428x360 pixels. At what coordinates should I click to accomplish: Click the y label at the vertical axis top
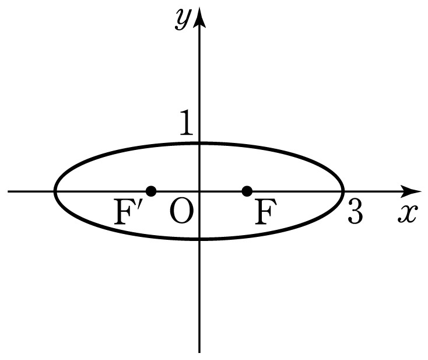click(182, 19)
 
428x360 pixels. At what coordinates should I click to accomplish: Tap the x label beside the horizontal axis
click(408, 214)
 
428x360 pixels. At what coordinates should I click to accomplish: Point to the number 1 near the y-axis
click(187, 123)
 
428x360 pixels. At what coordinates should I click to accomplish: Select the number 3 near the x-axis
click(355, 211)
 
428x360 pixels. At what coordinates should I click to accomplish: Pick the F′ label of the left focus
click(128, 211)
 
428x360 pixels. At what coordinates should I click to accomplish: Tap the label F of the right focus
click(265, 211)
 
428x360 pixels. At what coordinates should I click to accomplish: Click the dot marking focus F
click(247, 191)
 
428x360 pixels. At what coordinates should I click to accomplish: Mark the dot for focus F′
click(151, 191)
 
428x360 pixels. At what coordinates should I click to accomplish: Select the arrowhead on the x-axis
click(411, 191)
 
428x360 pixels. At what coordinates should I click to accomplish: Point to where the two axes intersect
click(199, 191)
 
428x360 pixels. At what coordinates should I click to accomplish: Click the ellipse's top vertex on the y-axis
click(199, 143)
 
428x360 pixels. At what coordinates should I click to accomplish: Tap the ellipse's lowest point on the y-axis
click(199, 239)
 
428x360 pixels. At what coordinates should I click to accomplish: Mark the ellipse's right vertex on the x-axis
click(343, 191)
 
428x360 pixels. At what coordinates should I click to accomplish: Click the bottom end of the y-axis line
click(199, 352)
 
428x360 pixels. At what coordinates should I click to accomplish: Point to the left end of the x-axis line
click(8, 191)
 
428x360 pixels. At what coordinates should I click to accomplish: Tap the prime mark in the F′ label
click(139, 205)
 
